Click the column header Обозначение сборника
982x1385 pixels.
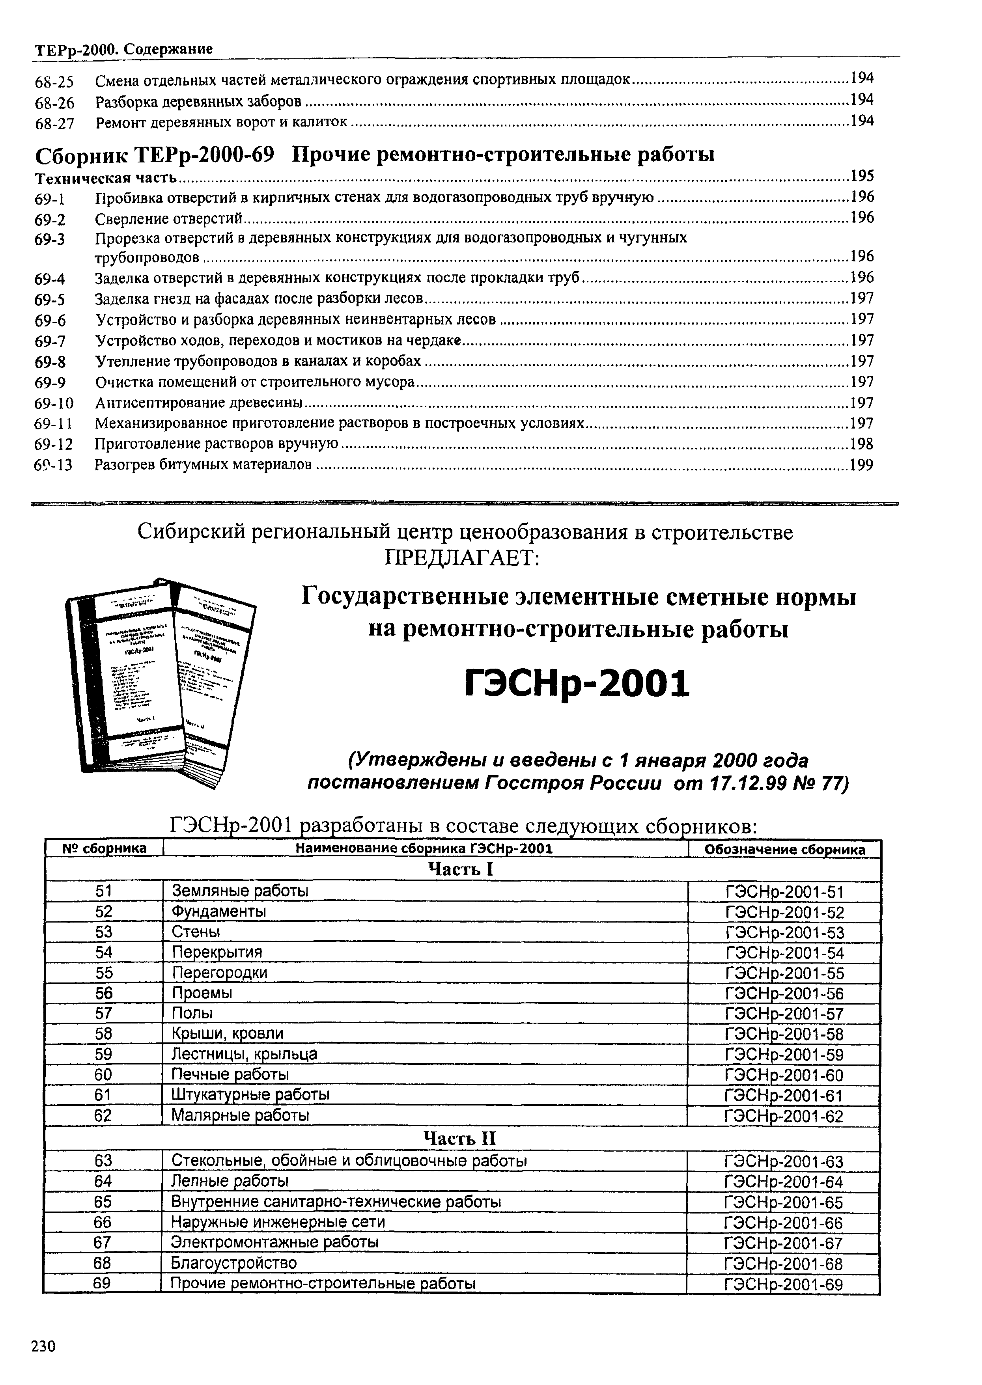784,849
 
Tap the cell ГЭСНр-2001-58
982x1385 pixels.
784,1034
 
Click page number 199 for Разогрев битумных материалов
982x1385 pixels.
861,465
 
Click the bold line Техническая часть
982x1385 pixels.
105,178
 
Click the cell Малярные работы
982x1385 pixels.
240,1115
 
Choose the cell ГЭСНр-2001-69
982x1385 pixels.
783,1284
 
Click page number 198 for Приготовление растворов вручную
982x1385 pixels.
861,444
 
